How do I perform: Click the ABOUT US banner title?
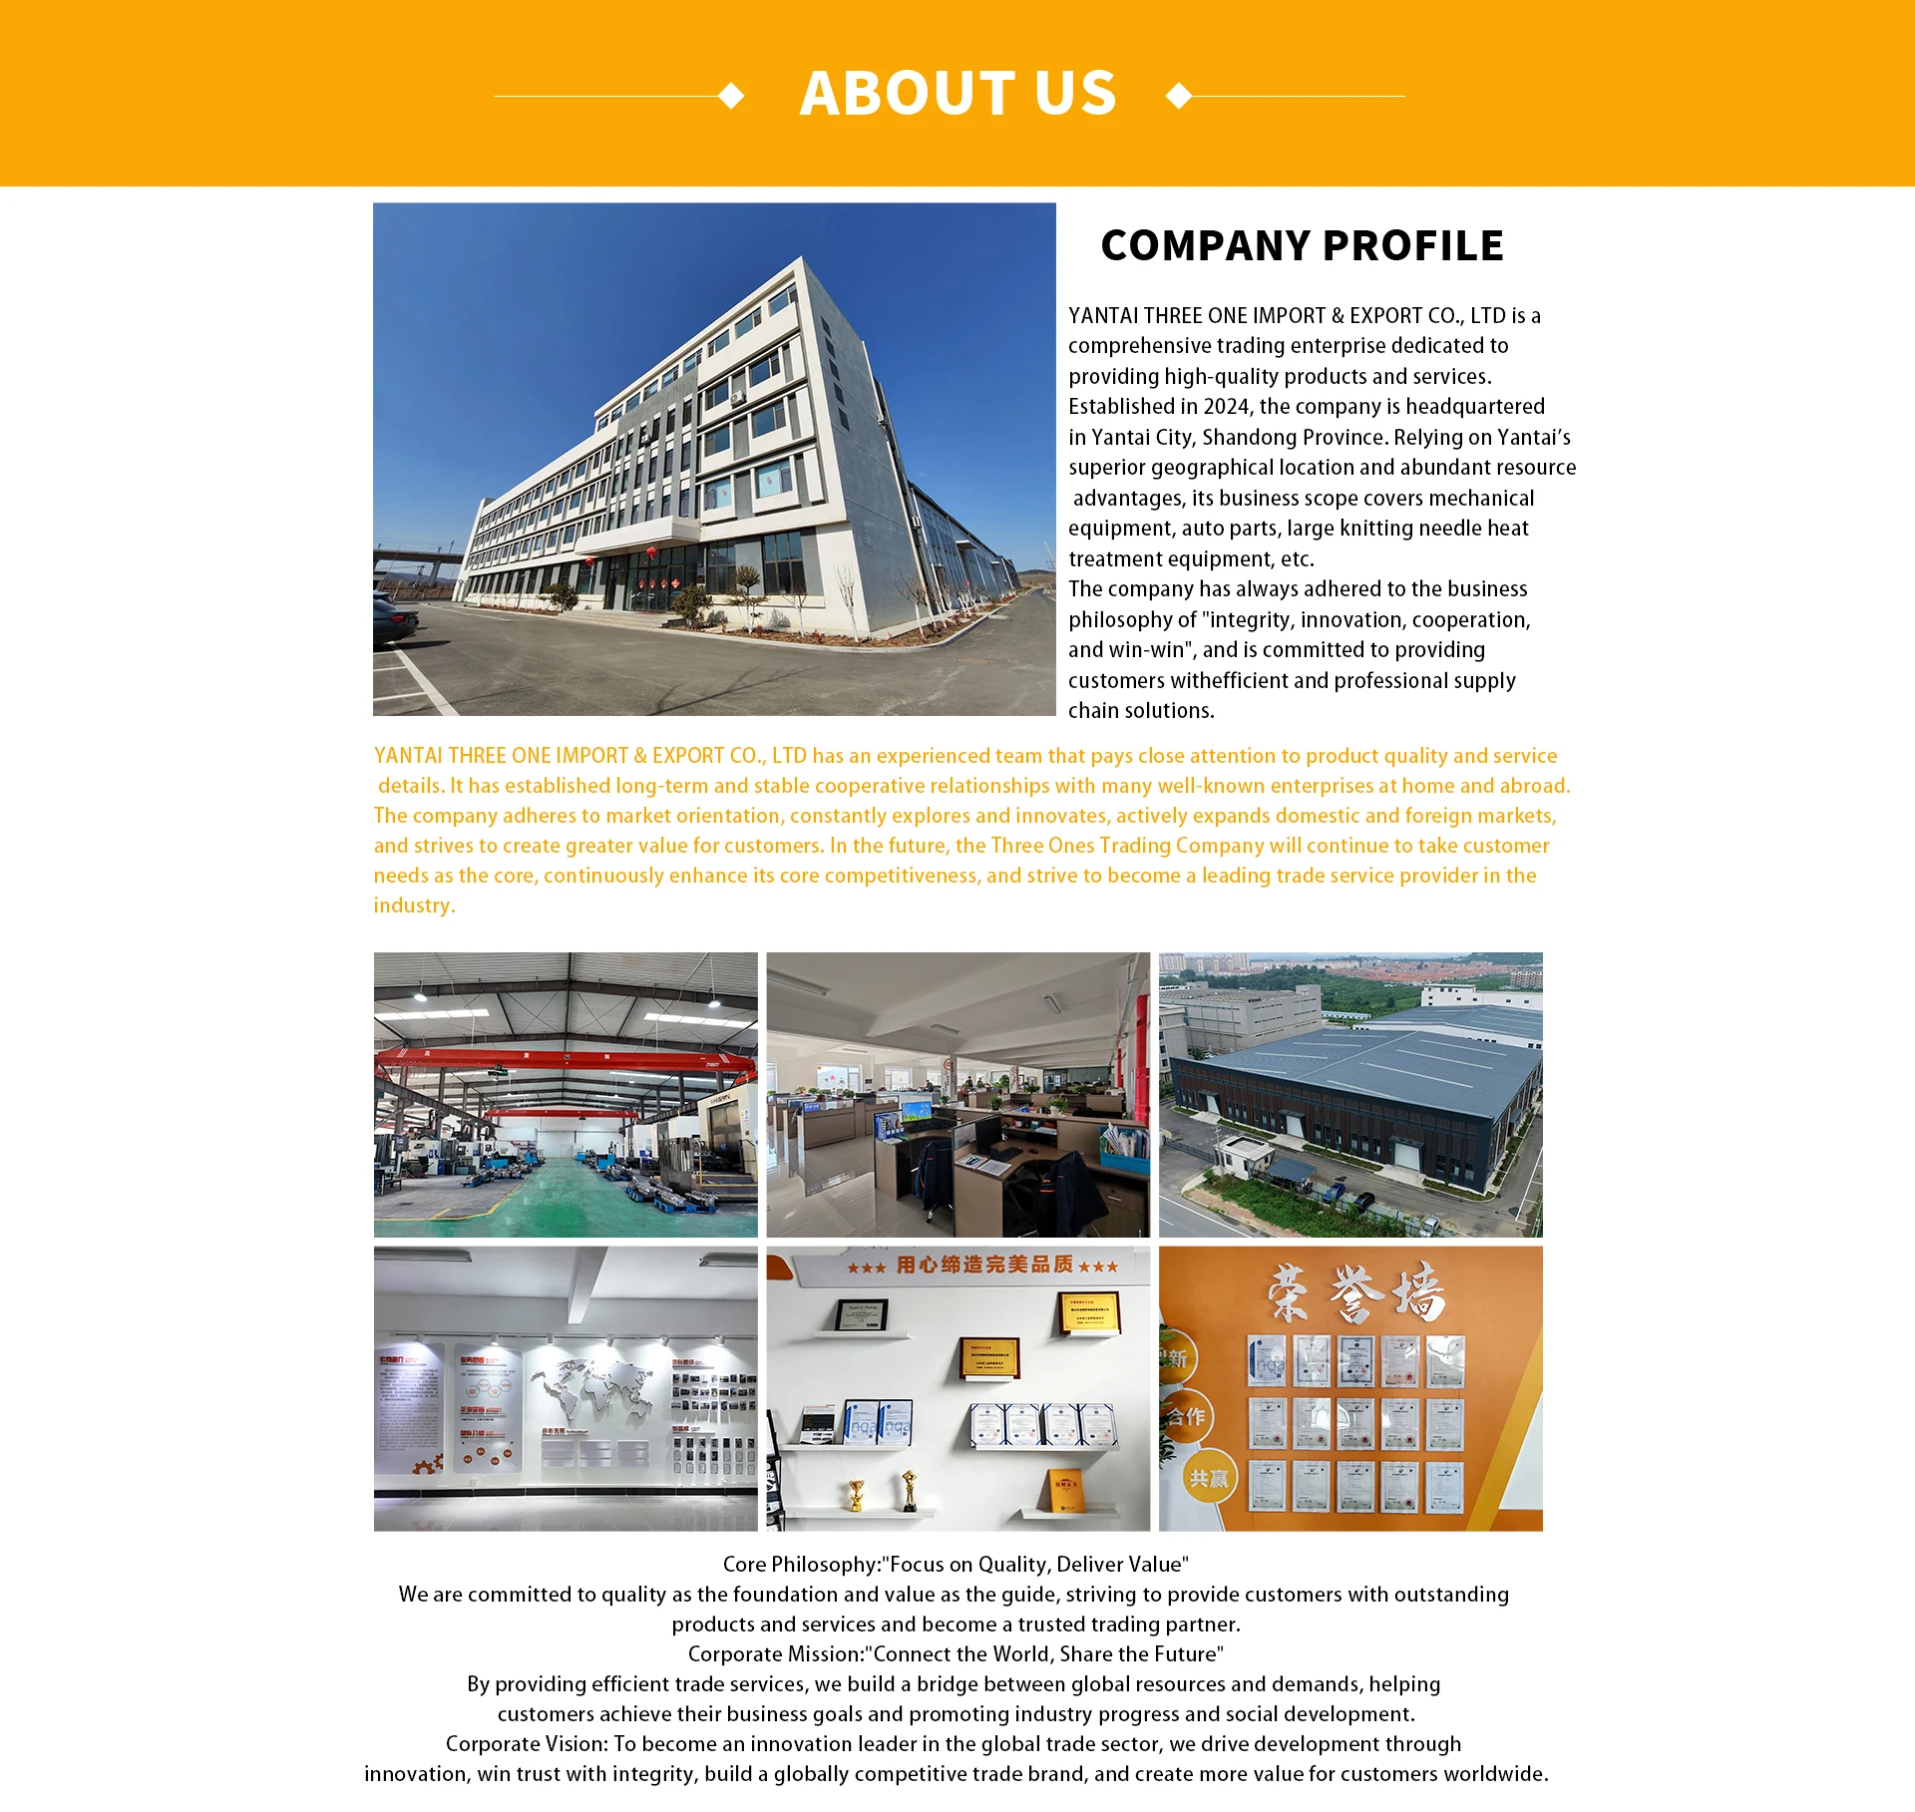[957, 94]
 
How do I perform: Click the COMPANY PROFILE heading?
[1302, 246]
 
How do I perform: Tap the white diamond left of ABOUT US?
[731, 96]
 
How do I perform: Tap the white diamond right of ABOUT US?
[1179, 96]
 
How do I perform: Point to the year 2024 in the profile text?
[1226, 407]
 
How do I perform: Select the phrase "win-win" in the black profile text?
[1149, 650]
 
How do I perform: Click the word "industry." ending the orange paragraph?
[414, 906]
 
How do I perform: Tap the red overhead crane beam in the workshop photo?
[565, 1058]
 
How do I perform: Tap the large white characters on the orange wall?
[1355, 1292]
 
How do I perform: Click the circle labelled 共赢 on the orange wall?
[1208, 1478]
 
